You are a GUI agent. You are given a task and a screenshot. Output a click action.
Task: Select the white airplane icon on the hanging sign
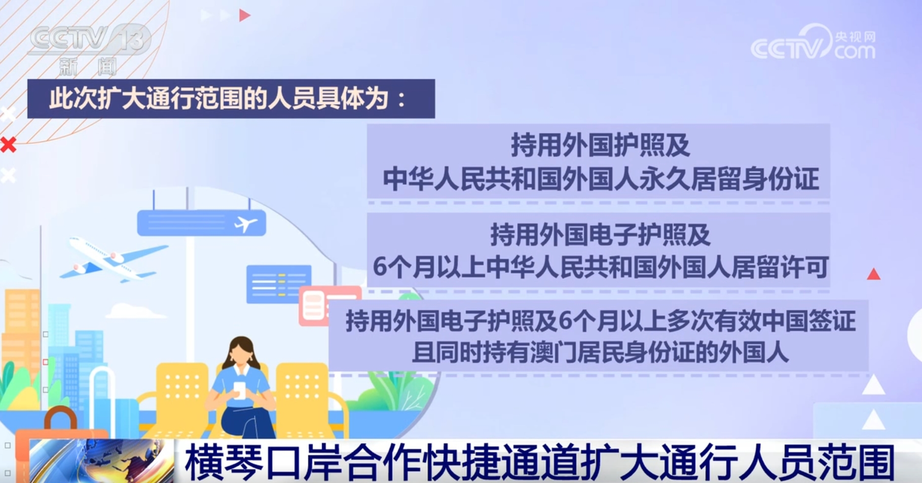[245, 224]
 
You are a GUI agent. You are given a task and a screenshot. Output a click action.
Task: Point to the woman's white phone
[239, 390]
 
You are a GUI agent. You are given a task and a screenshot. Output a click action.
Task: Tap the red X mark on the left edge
[8, 145]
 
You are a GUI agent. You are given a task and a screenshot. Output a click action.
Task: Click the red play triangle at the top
[244, 15]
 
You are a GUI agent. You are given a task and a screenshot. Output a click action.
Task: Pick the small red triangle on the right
[873, 275]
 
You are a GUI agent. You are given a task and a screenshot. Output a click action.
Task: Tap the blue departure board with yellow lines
[278, 283]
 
